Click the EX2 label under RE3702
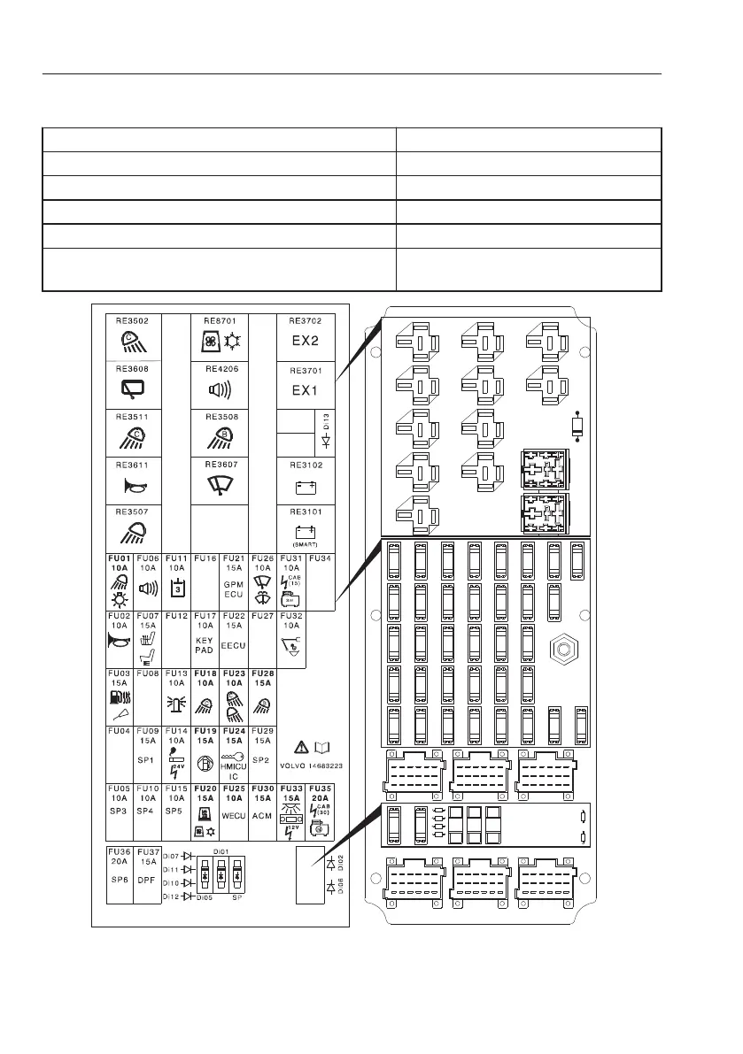tap(305, 339)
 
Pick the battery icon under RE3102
tap(306, 484)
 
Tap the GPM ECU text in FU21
tap(234, 592)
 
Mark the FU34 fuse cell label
tap(321, 558)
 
